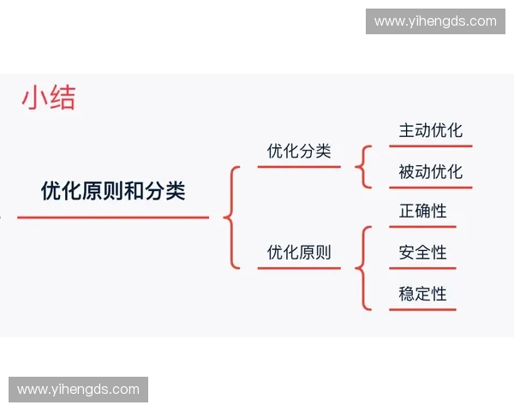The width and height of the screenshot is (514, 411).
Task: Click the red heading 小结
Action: pos(49,98)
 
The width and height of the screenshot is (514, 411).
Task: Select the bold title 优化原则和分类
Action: pos(113,191)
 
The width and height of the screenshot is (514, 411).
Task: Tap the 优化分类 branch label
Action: pos(299,152)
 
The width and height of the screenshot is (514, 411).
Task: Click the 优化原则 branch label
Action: pos(299,253)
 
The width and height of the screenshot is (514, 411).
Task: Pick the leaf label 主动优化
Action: pos(430,130)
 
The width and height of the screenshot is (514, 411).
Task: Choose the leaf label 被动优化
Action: pos(430,171)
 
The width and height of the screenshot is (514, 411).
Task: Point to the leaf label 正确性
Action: pos(422,211)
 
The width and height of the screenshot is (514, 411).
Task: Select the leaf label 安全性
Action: pos(422,253)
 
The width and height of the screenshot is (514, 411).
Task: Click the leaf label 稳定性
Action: pos(422,294)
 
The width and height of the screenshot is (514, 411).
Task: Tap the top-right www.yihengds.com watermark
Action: pos(435,21)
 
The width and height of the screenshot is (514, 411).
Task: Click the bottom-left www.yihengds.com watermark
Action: pos(78,390)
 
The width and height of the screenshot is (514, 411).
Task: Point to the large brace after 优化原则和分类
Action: pos(230,217)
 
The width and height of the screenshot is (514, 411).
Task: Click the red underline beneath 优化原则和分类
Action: pos(113,217)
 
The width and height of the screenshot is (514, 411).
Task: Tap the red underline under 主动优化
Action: pos(430,146)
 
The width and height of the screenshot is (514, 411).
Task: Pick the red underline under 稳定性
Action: pos(422,309)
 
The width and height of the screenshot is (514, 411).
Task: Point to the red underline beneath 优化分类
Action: pos(299,167)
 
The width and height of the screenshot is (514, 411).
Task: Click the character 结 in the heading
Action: pos(62,98)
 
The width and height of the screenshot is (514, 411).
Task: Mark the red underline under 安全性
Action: pos(422,268)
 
